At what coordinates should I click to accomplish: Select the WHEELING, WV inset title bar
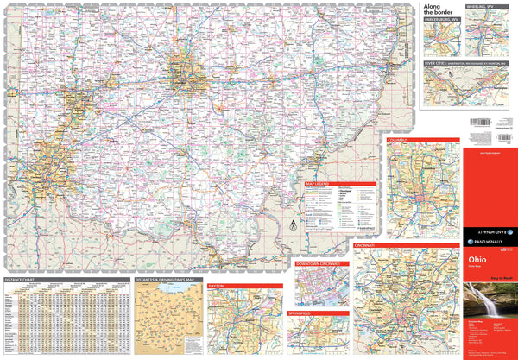480,6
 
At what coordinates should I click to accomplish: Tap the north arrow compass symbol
292,224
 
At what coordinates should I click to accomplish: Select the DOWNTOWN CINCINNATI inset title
321,262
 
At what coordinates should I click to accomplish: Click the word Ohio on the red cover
477,259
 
